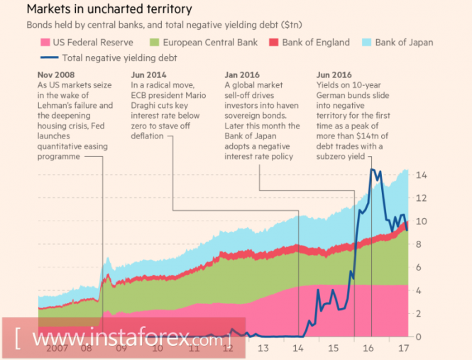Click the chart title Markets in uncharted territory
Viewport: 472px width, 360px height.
coord(109,9)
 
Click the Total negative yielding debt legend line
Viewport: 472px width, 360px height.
coord(48,58)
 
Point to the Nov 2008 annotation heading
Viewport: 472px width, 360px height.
coord(57,75)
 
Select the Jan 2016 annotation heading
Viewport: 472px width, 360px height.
coord(243,75)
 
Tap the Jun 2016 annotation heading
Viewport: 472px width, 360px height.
coord(334,75)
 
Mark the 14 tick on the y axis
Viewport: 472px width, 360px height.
coord(420,175)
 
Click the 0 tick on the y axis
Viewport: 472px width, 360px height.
coord(420,337)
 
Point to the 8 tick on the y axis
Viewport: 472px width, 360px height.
coord(420,244)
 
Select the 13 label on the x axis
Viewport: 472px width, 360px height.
coord(263,348)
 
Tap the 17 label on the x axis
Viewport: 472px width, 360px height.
coord(402,348)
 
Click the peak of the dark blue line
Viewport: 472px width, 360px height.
coord(371,169)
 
